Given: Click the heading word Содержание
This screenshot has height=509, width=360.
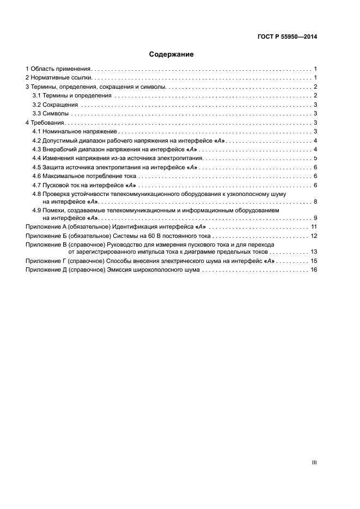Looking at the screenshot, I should pos(172,54).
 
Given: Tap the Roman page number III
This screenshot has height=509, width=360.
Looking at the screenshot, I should pos(314,462).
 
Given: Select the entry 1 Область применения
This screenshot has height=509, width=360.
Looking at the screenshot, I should pos(58,69).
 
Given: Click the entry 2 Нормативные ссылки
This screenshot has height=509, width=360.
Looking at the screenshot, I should pos(58,78).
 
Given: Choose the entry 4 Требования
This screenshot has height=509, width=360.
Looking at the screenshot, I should pos(46,122).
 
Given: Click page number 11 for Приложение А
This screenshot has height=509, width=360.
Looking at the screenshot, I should pos(314,226).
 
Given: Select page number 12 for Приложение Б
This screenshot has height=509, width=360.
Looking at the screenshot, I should pos(314,236).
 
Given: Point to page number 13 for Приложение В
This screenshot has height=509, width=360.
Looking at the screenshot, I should pos(314,252).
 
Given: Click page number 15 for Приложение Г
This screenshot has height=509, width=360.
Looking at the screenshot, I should pos(314,261).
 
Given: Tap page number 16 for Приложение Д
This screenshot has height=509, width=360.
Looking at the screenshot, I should pos(314,270).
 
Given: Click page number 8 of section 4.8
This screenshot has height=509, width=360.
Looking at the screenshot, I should pos(315,202).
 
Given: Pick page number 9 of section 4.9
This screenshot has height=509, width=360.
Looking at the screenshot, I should pos(315,218).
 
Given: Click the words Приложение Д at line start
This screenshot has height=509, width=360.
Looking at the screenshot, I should pos(46,270).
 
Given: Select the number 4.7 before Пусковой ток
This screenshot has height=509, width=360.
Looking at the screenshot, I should pos(36,185).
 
